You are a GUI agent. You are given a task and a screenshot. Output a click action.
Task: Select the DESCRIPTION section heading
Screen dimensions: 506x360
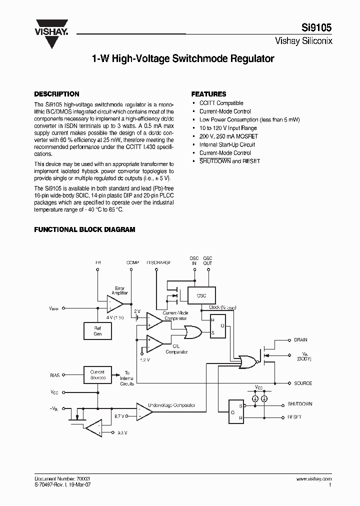click(56, 94)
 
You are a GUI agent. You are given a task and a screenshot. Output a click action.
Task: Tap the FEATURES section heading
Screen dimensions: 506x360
click(208, 94)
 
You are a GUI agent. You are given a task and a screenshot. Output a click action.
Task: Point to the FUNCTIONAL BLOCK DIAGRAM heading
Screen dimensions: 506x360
click(84, 229)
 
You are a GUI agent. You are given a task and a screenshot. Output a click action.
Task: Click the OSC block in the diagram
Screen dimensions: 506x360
click(201, 295)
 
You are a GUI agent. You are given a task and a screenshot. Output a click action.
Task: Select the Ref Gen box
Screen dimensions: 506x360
click(97, 331)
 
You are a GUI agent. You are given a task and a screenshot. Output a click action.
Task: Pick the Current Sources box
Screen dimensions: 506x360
click(97, 374)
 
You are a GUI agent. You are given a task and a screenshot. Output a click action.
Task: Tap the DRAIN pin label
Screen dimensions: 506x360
click(301, 340)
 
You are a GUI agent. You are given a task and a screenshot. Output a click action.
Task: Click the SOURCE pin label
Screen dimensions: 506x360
click(303, 383)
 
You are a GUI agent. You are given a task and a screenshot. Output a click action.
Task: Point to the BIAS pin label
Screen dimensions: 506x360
click(55, 374)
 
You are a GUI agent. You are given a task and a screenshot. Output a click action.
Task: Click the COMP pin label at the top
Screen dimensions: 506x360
click(133, 262)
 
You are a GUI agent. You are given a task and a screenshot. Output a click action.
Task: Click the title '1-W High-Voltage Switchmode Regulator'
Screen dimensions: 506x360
click(183, 58)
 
